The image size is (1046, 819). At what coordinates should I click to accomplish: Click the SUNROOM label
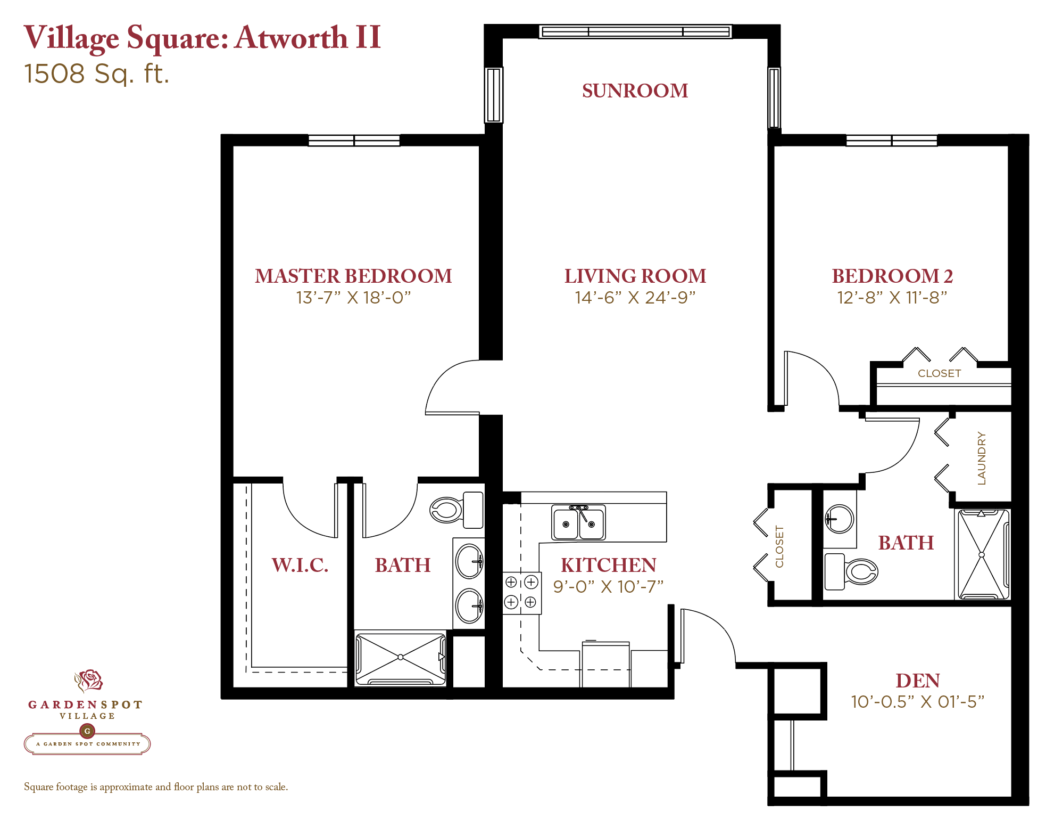pyautogui.click(x=635, y=91)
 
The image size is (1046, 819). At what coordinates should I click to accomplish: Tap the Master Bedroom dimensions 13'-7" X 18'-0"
pyautogui.click(x=353, y=297)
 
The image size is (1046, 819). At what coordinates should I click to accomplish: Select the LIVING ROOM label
pyautogui.click(x=635, y=276)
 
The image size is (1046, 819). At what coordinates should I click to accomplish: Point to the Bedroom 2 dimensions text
pyautogui.click(x=892, y=297)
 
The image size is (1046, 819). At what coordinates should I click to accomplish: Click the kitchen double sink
pyautogui.click(x=578, y=522)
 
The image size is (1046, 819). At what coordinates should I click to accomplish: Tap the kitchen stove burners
pyautogui.click(x=521, y=593)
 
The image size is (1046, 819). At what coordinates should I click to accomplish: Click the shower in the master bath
pyautogui.click(x=401, y=658)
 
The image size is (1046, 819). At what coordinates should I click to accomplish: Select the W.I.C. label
pyautogui.click(x=300, y=565)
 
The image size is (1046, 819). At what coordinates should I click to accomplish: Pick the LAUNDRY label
pyautogui.click(x=982, y=458)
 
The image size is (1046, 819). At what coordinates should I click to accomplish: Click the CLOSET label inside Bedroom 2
pyautogui.click(x=939, y=373)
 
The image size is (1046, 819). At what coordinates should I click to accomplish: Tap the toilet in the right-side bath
pyautogui.click(x=851, y=571)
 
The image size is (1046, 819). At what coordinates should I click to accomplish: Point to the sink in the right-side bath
pyautogui.click(x=840, y=519)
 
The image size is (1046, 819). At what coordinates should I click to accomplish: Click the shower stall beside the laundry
pyautogui.click(x=982, y=554)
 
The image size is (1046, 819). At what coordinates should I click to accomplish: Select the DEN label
pyautogui.click(x=918, y=681)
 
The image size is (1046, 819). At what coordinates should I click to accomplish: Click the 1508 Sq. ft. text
pyautogui.click(x=97, y=74)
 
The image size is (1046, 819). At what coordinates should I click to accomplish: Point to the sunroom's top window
pyautogui.click(x=635, y=32)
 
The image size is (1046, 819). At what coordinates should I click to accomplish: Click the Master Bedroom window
pyautogui.click(x=354, y=141)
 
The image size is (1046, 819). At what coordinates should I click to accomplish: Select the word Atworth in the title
pyautogui.click(x=291, y=38)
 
